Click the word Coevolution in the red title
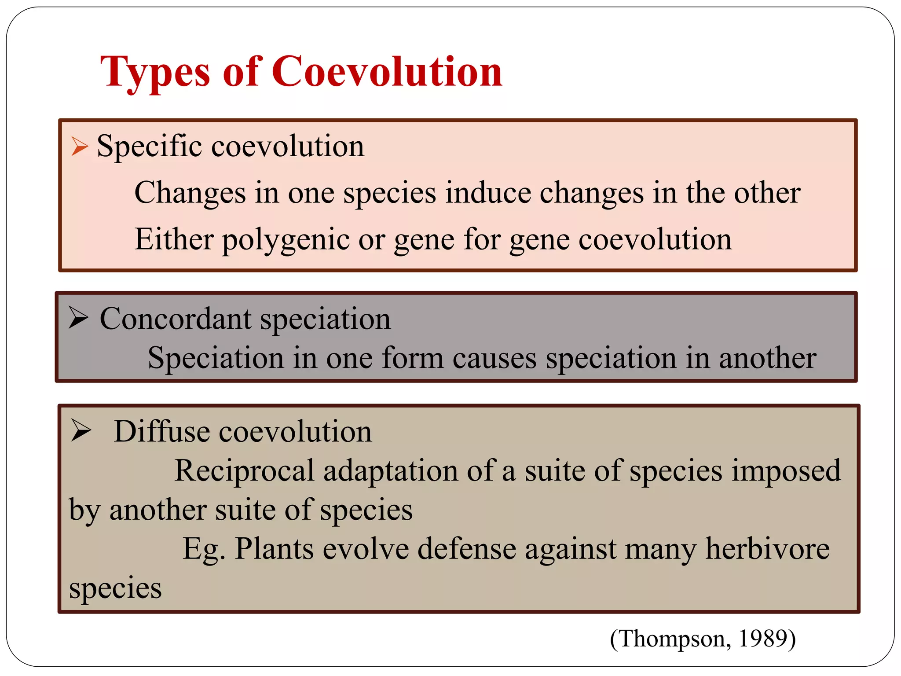387,72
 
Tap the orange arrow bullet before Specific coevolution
80,146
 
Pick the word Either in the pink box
174,239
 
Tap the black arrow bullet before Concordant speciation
79,318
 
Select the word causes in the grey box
494,358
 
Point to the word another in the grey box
767,358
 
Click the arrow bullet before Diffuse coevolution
81,430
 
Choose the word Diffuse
162,431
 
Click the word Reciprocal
244,470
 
